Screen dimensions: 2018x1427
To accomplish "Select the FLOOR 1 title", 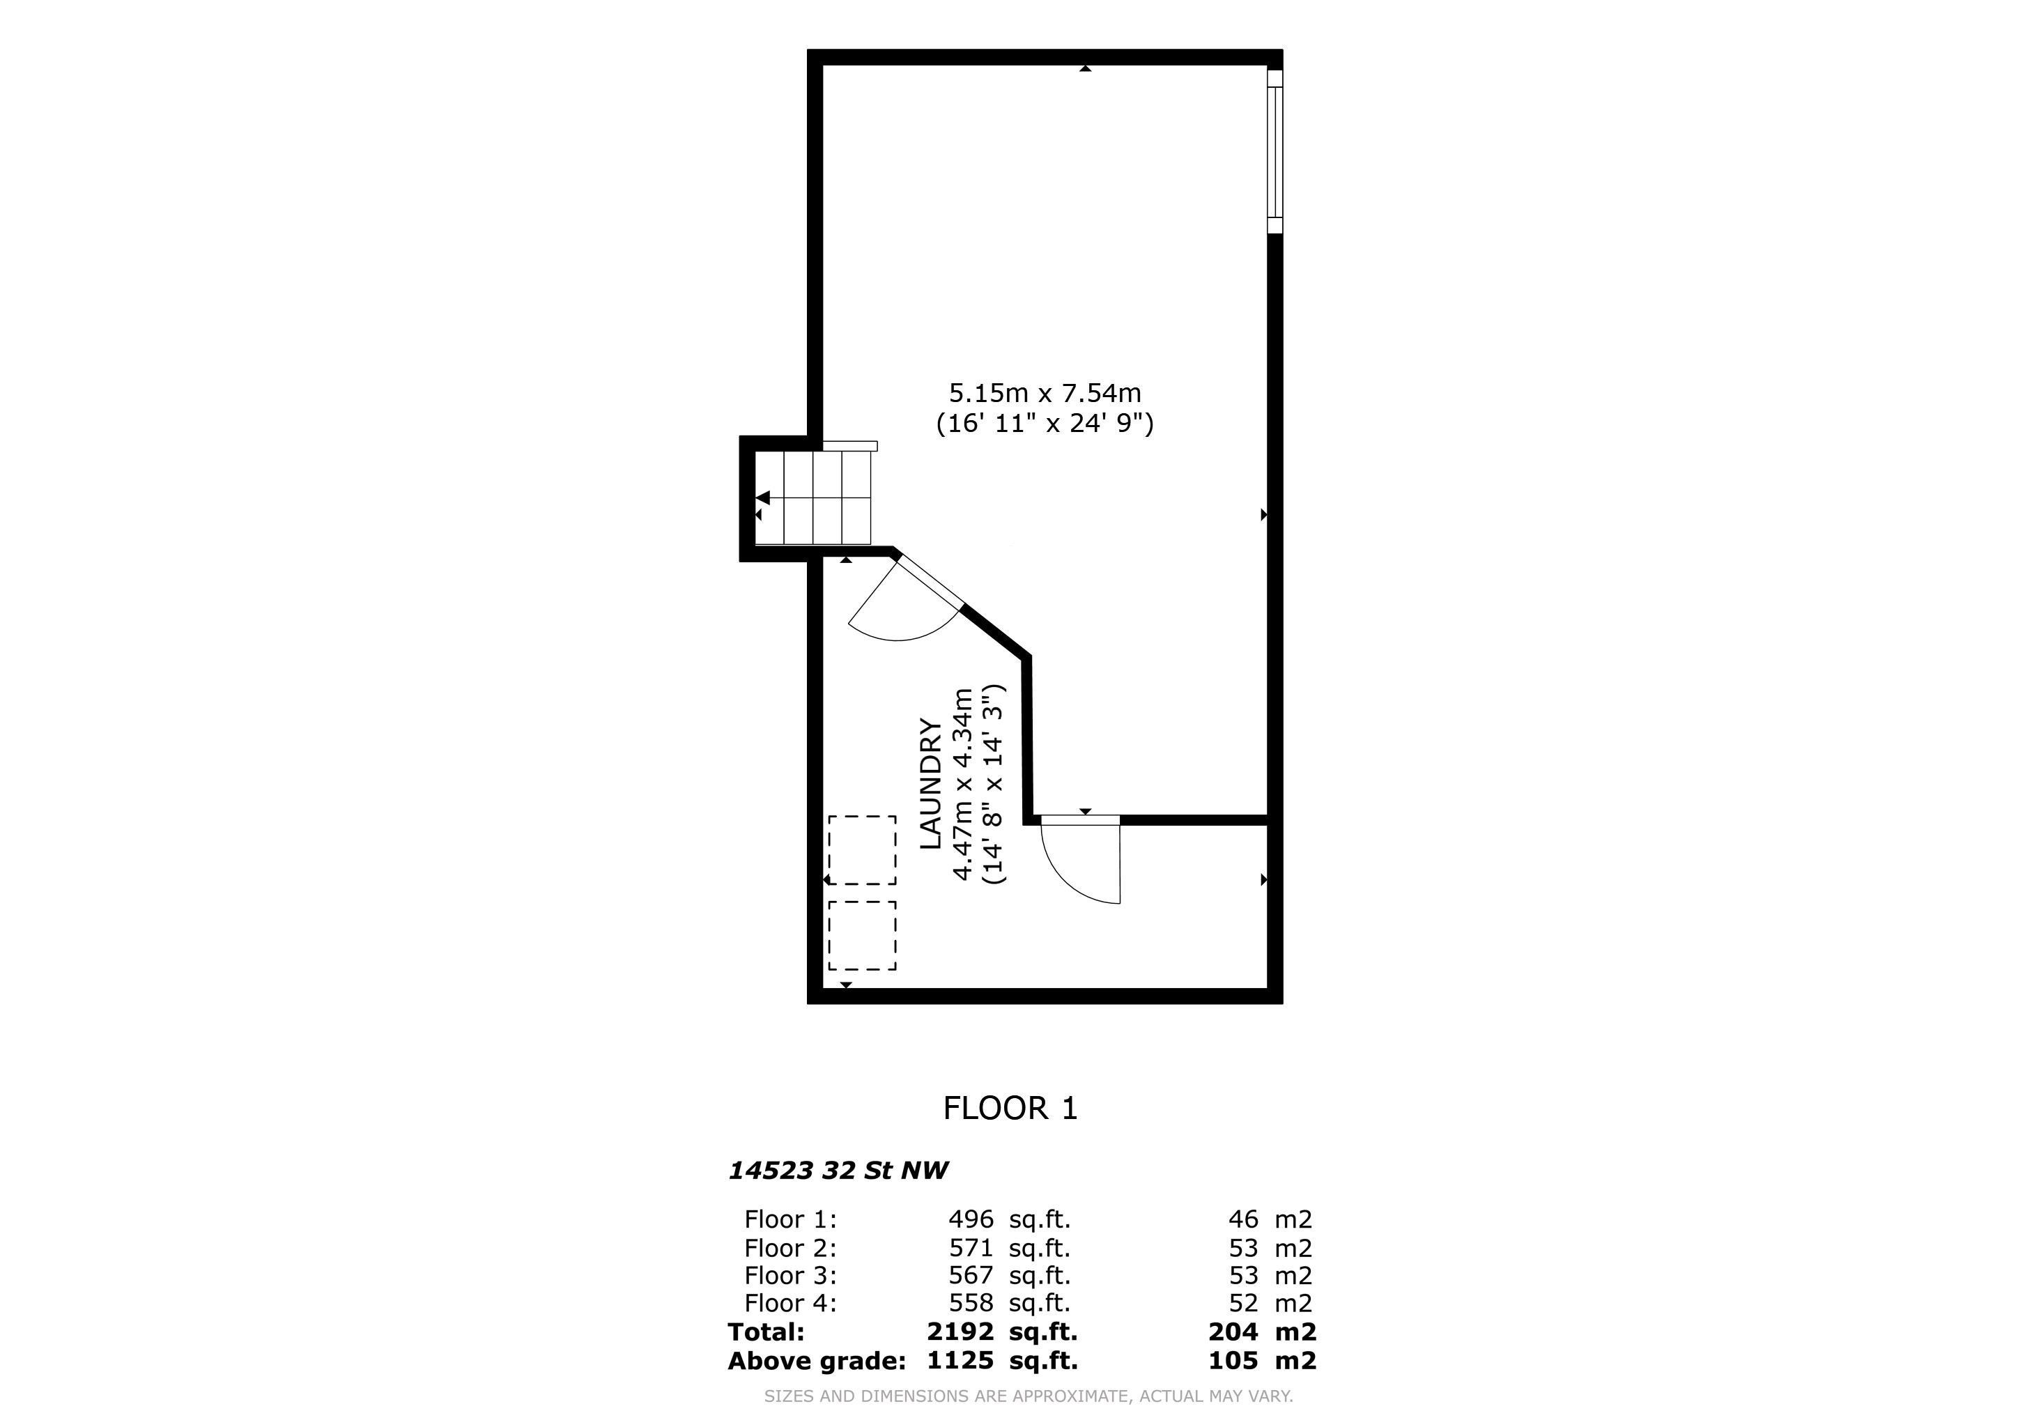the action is coord(1010,1108).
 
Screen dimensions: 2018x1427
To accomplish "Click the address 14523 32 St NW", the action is coord(838,1171).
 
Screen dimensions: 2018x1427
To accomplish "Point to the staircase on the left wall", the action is coord(813,497).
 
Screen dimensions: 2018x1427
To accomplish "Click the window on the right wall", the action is coord(1274,151).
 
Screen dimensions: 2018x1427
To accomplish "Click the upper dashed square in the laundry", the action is coord(862,849).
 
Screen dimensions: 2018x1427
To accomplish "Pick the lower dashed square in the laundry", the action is coord(862,935).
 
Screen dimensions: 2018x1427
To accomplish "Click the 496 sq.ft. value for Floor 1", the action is coord(1009,1219).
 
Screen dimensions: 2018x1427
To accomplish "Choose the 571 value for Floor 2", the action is coord(971,1248).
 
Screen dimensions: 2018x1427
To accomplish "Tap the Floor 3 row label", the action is coord(790,1275).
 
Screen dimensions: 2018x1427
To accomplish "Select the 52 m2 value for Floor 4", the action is coord(1270,1303).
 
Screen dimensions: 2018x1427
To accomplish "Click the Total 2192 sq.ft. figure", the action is coord(1002,1332).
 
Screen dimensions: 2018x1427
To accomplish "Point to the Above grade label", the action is coord(817,1361).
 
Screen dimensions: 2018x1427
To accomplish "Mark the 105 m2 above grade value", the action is coord(1262,1361).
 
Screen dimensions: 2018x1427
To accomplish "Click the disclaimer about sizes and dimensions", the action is coord(1029,1396).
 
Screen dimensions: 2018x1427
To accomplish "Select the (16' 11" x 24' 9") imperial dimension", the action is coord(1045,424).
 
